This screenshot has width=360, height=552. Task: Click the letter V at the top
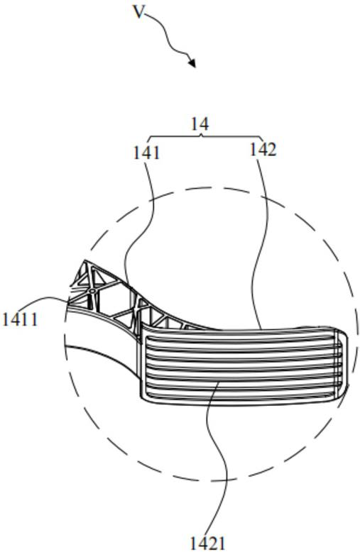(140, 13)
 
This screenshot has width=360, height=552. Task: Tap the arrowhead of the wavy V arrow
(192, 62)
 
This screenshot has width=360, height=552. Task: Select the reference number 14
(200, 124)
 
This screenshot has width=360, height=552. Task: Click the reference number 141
(146, 153)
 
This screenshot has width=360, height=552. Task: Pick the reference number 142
(263, 150)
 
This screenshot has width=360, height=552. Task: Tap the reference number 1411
(20, 320)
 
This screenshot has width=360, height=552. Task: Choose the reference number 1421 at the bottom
(207, 543)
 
